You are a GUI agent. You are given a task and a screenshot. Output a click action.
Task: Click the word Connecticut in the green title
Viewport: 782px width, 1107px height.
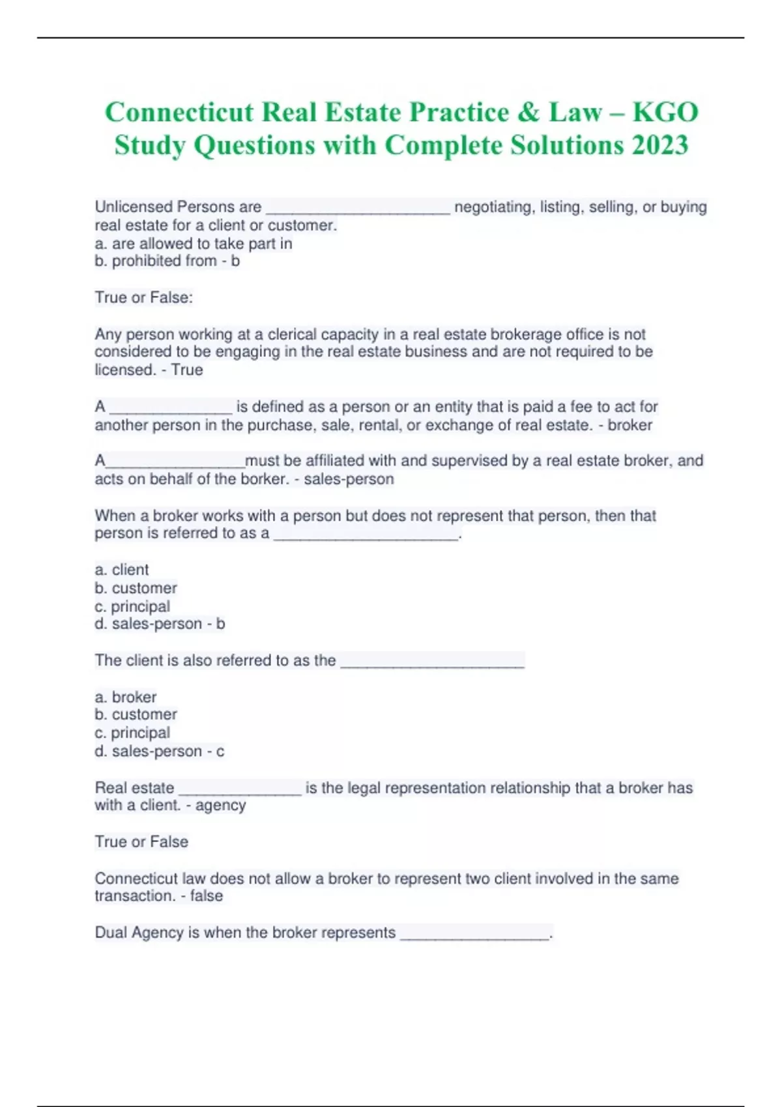tap(179, 112)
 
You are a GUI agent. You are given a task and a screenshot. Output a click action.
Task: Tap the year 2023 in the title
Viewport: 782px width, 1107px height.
tap(659, 145)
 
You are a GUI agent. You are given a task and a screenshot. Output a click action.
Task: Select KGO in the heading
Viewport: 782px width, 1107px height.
tap(665, 112)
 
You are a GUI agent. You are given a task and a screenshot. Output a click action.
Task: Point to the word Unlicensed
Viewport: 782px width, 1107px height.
tap(134, 207)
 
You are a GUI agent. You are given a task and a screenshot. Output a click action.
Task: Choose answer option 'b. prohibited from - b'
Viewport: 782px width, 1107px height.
tap(167, 261)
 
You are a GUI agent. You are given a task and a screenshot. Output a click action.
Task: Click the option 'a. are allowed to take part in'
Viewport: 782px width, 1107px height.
tap(193, 244)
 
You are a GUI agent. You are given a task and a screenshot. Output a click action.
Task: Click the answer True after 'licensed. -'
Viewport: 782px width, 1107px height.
tap(187, 370)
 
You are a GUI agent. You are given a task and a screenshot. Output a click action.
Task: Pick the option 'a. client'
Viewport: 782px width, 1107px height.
tap(122, 570)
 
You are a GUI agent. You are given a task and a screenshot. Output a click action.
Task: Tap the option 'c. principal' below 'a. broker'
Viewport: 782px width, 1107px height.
tap(132, 733)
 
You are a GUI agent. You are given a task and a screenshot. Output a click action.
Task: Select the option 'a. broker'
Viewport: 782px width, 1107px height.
tap(126, 697)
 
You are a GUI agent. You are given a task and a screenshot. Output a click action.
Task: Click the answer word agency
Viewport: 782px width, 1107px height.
tap(220, 806)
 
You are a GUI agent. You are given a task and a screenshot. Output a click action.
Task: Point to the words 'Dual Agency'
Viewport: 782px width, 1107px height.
tap(139, 932)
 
